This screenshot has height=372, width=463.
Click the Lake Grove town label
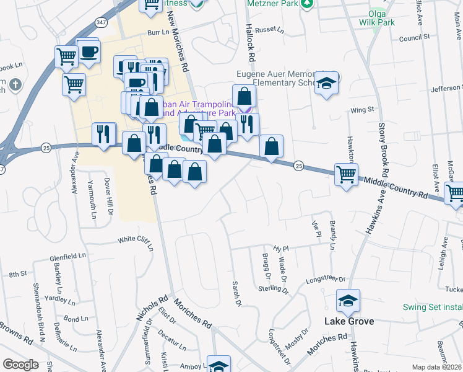[x=350, y=321]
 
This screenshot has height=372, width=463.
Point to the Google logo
[x=20, y=365]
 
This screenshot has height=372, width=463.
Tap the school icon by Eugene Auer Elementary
[x=326, y=84]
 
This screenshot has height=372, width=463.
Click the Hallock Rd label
[x=250, y=43]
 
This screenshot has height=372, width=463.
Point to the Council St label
[x=414, y=38]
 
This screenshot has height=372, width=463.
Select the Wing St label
[x=363, y=110]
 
